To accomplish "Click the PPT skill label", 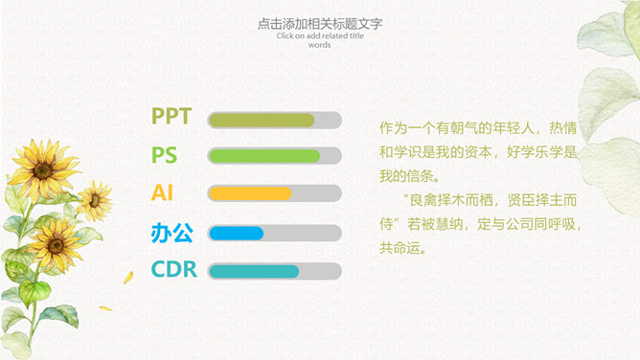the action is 171,116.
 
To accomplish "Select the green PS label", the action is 165,155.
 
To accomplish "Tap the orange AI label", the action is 162,192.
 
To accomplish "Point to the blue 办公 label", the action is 171,233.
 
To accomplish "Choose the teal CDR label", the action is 173,269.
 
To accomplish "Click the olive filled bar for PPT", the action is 262,121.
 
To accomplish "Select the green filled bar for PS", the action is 264,156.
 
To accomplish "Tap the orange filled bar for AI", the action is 250,193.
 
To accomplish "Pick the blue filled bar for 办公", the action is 237,234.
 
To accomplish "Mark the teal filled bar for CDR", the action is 254,271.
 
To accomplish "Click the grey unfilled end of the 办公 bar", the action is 302,234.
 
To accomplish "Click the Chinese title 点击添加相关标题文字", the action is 320,24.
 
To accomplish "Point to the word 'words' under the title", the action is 320,45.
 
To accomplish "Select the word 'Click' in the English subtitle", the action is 285,35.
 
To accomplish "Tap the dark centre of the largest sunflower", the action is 42,170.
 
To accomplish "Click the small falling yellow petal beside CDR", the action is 128,278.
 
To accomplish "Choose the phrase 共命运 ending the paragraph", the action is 400,247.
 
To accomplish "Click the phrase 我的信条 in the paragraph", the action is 407,176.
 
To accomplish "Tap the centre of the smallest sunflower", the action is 94,200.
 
